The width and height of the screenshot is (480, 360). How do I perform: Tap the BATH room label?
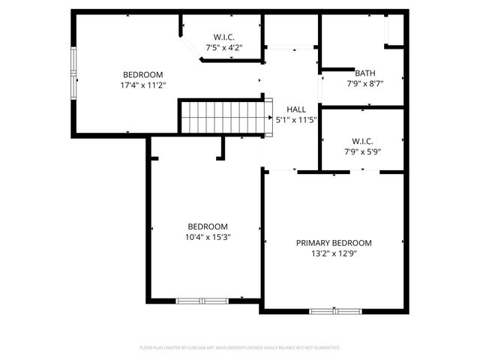coord(365,73)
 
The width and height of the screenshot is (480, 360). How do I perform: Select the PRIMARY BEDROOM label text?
coord(334,243)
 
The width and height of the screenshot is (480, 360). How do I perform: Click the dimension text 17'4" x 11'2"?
coord(143,85)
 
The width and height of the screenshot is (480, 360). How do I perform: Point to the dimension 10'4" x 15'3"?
coord(208,237)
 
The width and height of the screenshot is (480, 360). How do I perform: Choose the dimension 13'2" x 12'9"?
coord(334,253)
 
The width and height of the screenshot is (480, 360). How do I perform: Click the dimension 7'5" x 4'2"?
coord(223,47)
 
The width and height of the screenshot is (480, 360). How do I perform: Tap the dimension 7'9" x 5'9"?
coord(362,152)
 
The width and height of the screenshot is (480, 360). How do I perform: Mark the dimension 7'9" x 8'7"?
coord(365,83)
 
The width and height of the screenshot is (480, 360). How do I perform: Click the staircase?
coord(223,116)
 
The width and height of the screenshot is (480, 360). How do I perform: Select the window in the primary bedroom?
coord(334,310)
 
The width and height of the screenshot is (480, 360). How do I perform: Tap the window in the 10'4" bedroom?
coord(202,301)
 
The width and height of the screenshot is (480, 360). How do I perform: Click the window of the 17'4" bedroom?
coord(73,73)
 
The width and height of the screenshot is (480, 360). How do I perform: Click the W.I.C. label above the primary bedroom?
coord(362,142)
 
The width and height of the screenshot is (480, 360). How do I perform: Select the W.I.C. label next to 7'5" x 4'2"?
coord(223,37)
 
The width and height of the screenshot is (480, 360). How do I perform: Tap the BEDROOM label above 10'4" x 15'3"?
coord(208,226)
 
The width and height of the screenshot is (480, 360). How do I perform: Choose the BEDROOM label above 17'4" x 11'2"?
coord(143,74)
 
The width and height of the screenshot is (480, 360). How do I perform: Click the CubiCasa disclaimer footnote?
coord(240,348)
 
